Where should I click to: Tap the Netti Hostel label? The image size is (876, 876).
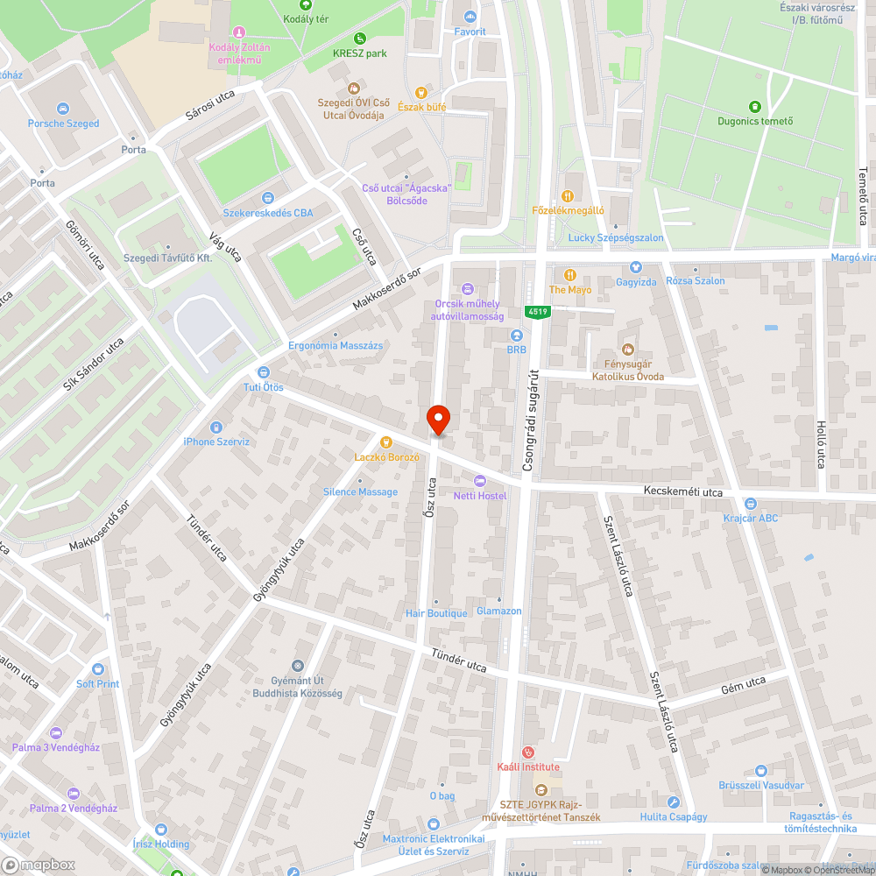pyautogui.click(x=480, y=496)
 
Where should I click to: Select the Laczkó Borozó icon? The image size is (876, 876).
pyautogui.click(x=386, y=442)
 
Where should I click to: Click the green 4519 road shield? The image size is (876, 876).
pyautogui.click(x=537, y=312)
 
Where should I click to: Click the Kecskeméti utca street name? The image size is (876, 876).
pyautogui.click(x=682, y=492)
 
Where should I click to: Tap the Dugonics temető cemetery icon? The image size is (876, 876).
pyautogui.click(x=755, y=106)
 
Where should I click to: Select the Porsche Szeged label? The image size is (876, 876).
pyautogui.click(x=63, y=124)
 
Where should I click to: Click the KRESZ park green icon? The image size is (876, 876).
pyautogui.click(x=360, y=39)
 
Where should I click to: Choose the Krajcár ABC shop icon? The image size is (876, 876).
pyautogui.click(x=750, y=504)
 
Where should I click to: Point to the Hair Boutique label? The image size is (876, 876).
pyautogui.click(x=436, y=613)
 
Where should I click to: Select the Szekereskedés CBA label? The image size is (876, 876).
pyautogui.click(x=267, y=213)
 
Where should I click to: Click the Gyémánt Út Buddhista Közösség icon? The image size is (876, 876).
pyautogui.click(x=298, y=667)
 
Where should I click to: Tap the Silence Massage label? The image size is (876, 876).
pyautogui.click(x=360, y=492)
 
